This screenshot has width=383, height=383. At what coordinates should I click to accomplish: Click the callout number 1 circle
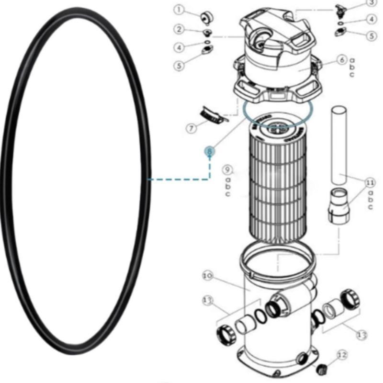tap(179, 10)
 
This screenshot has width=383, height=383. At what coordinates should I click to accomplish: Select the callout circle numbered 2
tap(179, 30)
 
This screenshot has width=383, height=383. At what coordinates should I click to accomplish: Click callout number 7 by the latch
tap(191, 128)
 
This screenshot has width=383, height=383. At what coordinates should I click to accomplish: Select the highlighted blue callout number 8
tap(209, 151)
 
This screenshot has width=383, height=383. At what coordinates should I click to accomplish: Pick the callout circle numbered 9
tap(228, 170)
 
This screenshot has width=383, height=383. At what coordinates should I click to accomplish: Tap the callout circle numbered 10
tap(207, 276)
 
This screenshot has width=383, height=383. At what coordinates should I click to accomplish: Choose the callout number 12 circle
tap(341, 355)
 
